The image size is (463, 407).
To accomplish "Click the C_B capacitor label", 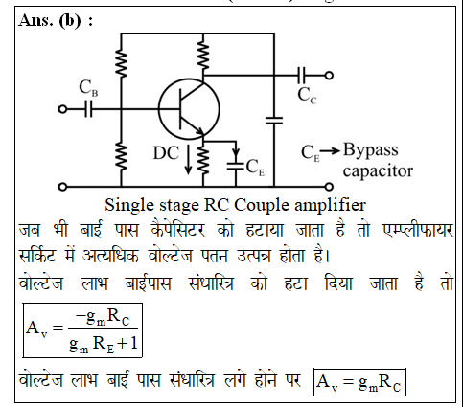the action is pyautogui.click(x=88, y=88).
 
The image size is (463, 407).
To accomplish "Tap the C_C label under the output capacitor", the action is pyautogui.click(x=307, y=96).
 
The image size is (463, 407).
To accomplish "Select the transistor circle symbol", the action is pyautogui.click(x=189, y=109).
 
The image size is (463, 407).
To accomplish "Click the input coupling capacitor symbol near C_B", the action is pyautogui.click(x=88, y=109).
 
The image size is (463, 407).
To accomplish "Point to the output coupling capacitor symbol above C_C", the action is pyautogui.click(x=302, y=76).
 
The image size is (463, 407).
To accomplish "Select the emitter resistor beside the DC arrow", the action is pyautogui.click(x=203, y=161).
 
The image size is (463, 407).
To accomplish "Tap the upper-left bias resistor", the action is pyautogui.click(x=121, y=63).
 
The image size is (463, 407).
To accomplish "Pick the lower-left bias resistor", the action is pyautogui.click(x=121, y=156).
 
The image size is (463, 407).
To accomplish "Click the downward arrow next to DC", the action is pyautogui.click(x=188, y=160).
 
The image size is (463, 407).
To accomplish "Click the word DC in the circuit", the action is pyautogui.click(x=166, y=153).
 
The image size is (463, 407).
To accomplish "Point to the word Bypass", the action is pyautogui.click(x=371, y=150).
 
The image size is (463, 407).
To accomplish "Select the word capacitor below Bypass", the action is pyautogui.click(x=378, y=170).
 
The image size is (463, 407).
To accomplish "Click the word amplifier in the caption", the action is pyautogui.click(x=330, y=205).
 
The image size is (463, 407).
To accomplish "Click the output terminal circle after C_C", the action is pyautogui.click(x=329, y=76).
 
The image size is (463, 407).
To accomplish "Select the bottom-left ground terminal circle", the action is pyautogui.click(x=62, y=187).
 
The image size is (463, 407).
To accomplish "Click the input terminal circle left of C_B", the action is pyautogui.click(x=62, y=109).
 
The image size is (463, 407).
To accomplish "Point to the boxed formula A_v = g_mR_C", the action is pyautogui.click(x=359, y=382).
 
